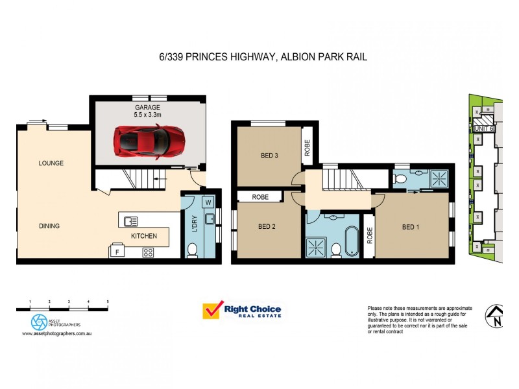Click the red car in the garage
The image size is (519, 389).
149,139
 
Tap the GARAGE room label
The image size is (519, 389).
147,107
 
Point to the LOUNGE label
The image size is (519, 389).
51,163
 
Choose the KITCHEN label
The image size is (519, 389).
144,236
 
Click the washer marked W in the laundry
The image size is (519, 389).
208,202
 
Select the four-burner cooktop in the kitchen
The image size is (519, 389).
148,253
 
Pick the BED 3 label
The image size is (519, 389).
270,156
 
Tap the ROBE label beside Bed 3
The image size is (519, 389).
307,149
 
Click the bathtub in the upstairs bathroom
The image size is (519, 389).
350,238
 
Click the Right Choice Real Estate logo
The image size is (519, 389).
242,311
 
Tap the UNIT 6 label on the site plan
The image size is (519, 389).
484,128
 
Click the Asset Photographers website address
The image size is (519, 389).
55,334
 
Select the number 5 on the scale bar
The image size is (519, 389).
108,302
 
